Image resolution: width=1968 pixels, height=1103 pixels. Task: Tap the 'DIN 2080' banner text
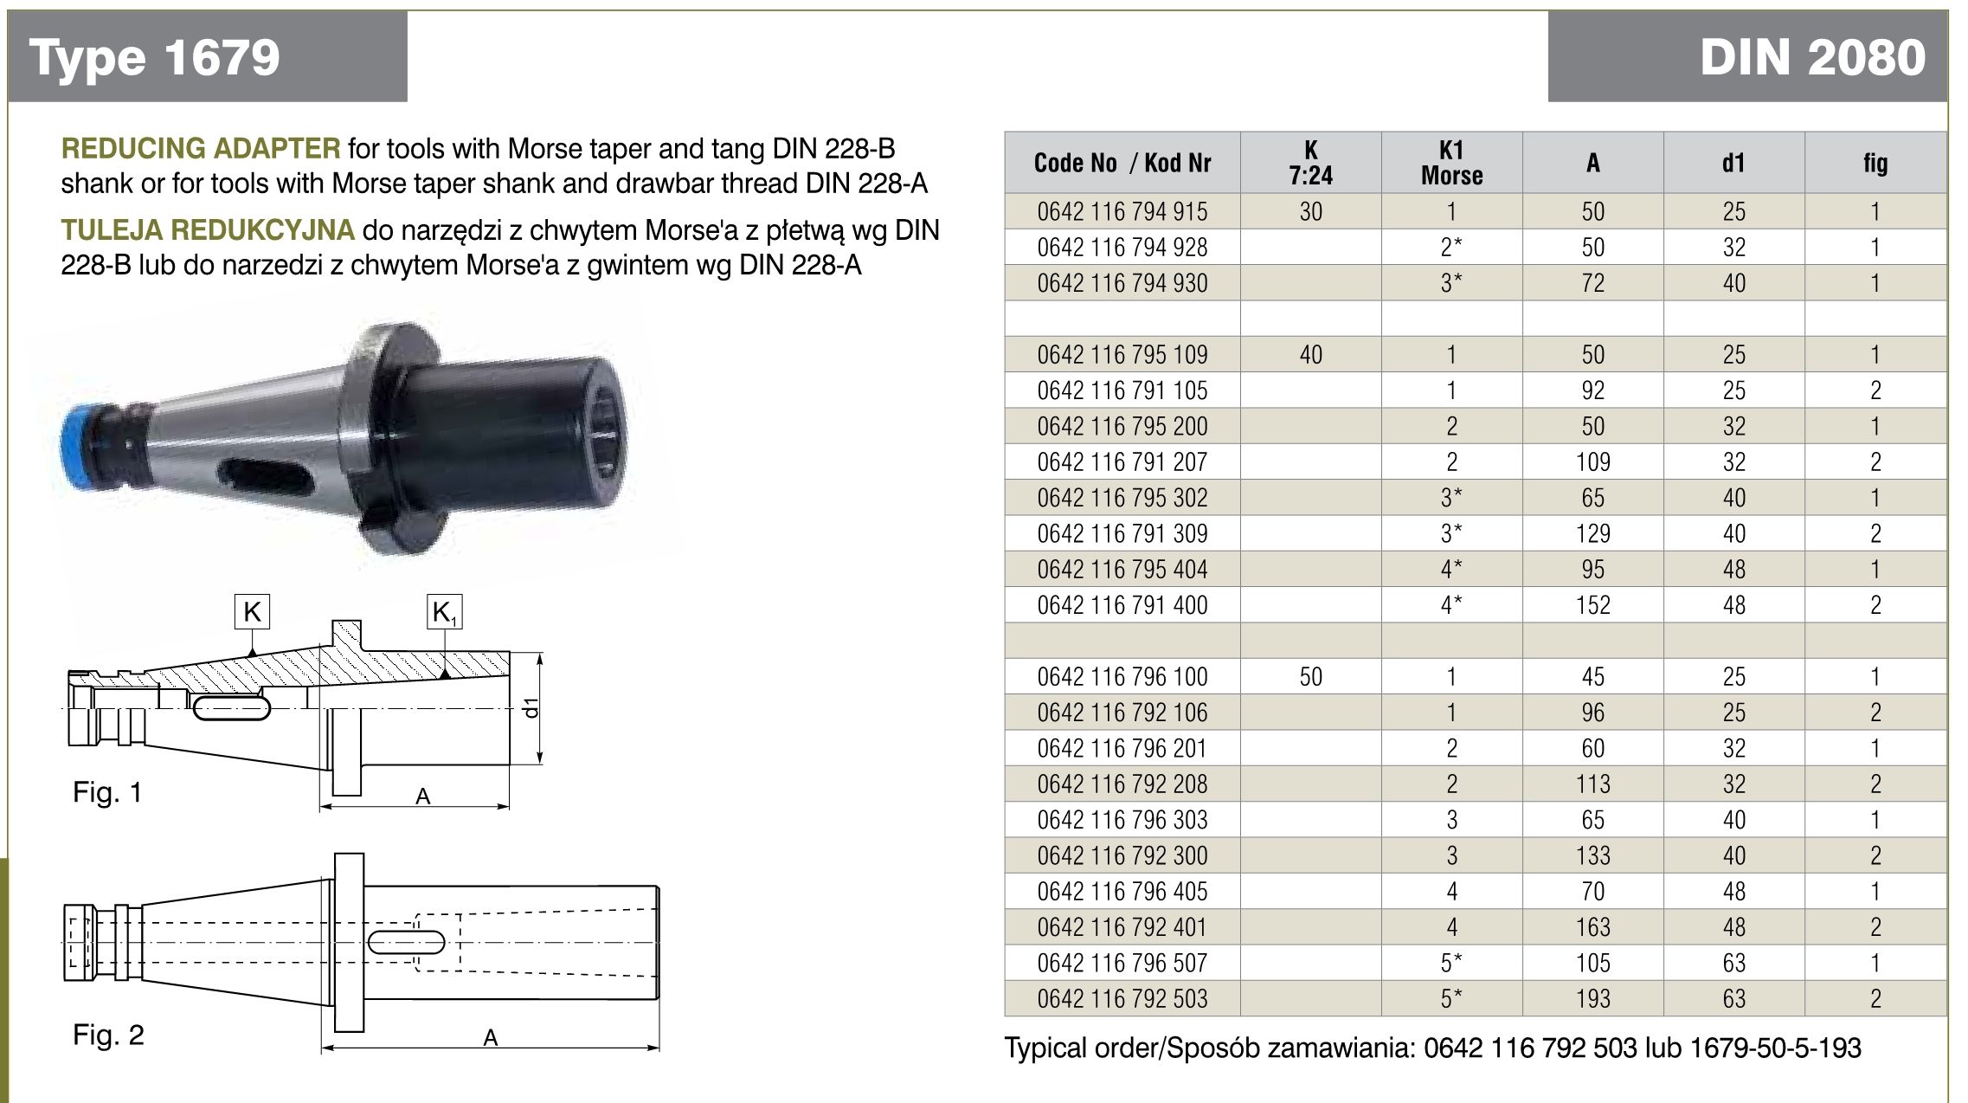[1812, 57]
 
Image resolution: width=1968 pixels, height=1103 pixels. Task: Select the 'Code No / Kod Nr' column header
[1122, 163]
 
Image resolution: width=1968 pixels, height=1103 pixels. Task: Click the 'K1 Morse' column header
[1451, 163]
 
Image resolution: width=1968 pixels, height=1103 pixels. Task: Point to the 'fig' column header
[1875, 163]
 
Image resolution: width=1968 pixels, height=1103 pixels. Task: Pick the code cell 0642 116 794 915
[1122, 211]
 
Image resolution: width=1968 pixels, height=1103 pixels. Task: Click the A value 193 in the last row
[1592, 998]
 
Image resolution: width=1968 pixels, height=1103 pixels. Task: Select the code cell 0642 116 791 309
[1122, 533]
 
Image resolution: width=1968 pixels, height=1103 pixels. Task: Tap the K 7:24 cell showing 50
[1310, 676]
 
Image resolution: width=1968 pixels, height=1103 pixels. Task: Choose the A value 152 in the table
[1592, 605]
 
